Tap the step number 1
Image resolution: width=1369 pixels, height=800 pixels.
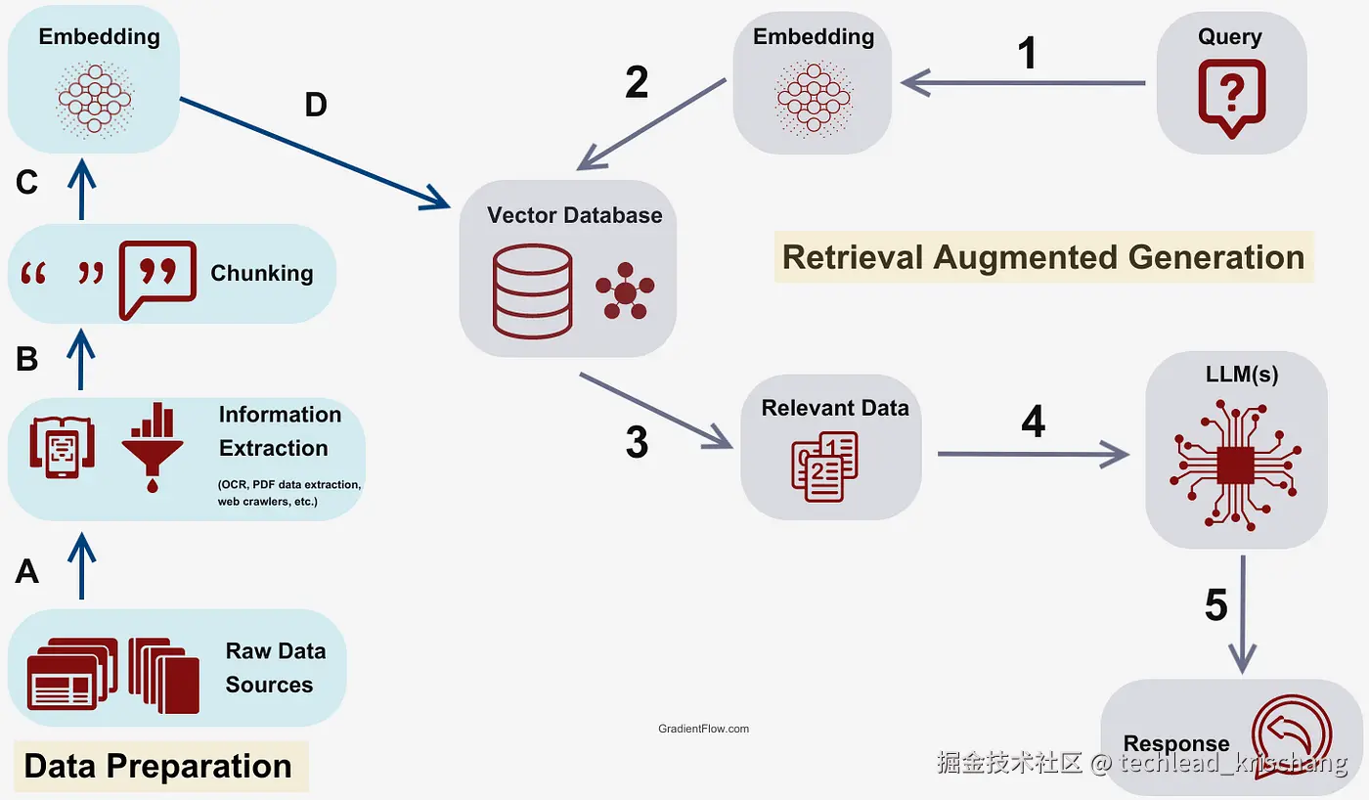1028,53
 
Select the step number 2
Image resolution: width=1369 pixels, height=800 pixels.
637,82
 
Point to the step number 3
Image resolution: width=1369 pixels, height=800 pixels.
637,442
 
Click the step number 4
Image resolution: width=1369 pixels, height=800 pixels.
1034,422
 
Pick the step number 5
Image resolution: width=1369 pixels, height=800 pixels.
1216,605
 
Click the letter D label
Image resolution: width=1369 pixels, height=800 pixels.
316,105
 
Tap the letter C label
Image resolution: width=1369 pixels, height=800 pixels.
27,182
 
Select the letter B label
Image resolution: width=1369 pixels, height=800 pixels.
27,359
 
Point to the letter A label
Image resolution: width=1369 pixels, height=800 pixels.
27,572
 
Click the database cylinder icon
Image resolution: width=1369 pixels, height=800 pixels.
532,290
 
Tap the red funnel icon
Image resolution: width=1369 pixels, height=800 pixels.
153,447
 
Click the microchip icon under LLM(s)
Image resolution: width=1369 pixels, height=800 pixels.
1235,465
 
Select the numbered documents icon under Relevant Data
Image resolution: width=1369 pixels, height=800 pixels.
824,467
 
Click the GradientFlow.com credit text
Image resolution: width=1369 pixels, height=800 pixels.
703,729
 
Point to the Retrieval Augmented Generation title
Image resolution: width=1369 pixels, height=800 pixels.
1043,256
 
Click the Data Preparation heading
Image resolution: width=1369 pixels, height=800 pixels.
157,766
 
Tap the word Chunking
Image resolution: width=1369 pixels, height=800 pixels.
262,273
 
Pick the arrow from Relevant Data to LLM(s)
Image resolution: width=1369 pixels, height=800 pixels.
1033,454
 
